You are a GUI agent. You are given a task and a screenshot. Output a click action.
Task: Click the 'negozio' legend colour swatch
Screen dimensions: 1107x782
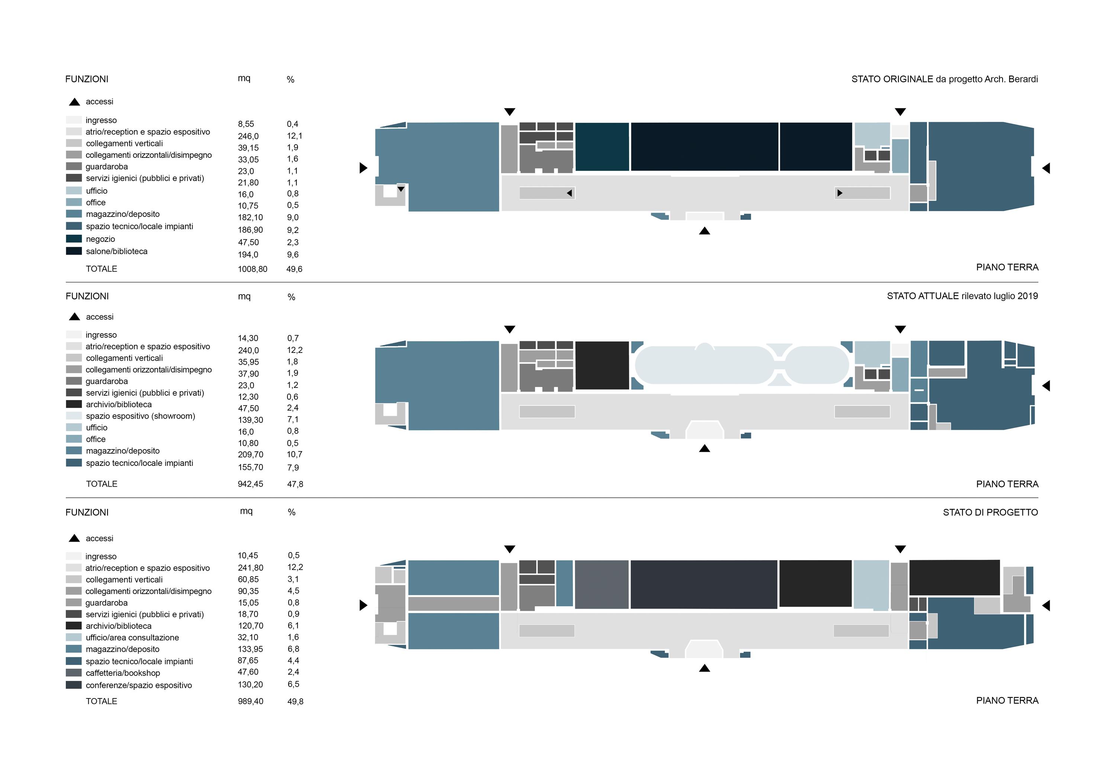click(x=74, y=239)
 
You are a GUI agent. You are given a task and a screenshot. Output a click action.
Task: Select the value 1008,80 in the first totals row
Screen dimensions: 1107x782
click(x=252, y=269)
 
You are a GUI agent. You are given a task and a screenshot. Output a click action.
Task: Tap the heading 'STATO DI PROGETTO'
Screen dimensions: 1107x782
click(x=990, y=512)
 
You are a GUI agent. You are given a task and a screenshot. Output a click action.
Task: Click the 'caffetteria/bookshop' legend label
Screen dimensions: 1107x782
click(x=123, y=673)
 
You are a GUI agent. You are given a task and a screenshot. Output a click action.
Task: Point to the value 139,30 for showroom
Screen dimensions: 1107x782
click(x=250, y=420)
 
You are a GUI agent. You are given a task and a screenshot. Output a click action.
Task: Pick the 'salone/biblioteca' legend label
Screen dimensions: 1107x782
click(x=117, y=251)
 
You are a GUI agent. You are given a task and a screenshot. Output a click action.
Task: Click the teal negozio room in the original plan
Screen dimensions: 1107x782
click(x=602, y=147)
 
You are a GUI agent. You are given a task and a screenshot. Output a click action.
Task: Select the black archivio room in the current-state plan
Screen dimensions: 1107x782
click(x=602, y=365)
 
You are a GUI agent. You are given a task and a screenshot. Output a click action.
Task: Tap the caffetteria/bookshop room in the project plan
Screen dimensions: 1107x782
click(x=602, y=584)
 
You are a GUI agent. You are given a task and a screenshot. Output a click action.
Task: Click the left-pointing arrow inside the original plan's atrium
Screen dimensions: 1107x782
click(x=569, y=193)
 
